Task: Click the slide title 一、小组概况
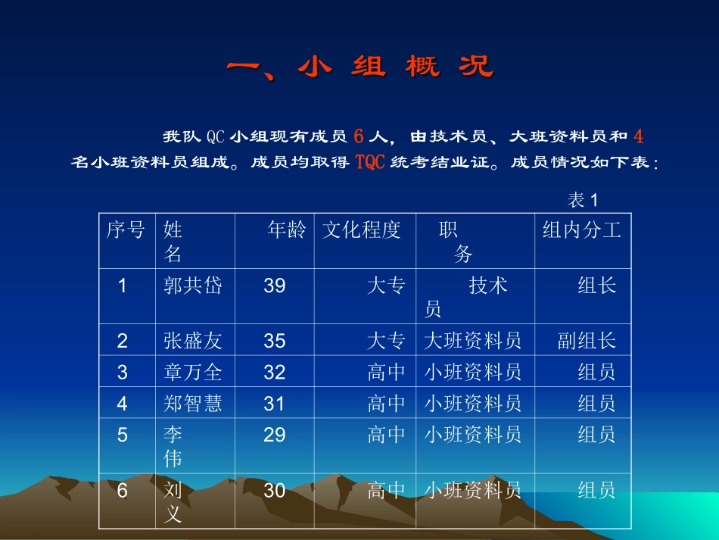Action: point(360,67)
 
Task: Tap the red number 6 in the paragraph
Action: point(359,136)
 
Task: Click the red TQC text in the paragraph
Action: point(371,162)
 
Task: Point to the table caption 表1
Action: point(583,200)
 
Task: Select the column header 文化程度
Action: point(362,230)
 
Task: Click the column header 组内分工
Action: point(581,230)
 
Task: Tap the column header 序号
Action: point(126,230)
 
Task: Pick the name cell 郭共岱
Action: point(193,286)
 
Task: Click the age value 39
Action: point(275,286)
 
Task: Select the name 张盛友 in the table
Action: point(193,341)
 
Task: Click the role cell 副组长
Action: point(587,341)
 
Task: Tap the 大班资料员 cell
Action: point(473,341)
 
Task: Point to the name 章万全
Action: point(193,372)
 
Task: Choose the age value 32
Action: point(275,372)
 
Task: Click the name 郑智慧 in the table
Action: point(193,404)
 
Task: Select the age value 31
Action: point(275,404)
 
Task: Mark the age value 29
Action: point(275,435)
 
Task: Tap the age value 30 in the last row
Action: point(275,491)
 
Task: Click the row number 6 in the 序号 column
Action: point(123,491)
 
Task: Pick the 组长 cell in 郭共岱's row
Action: point(597,286)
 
